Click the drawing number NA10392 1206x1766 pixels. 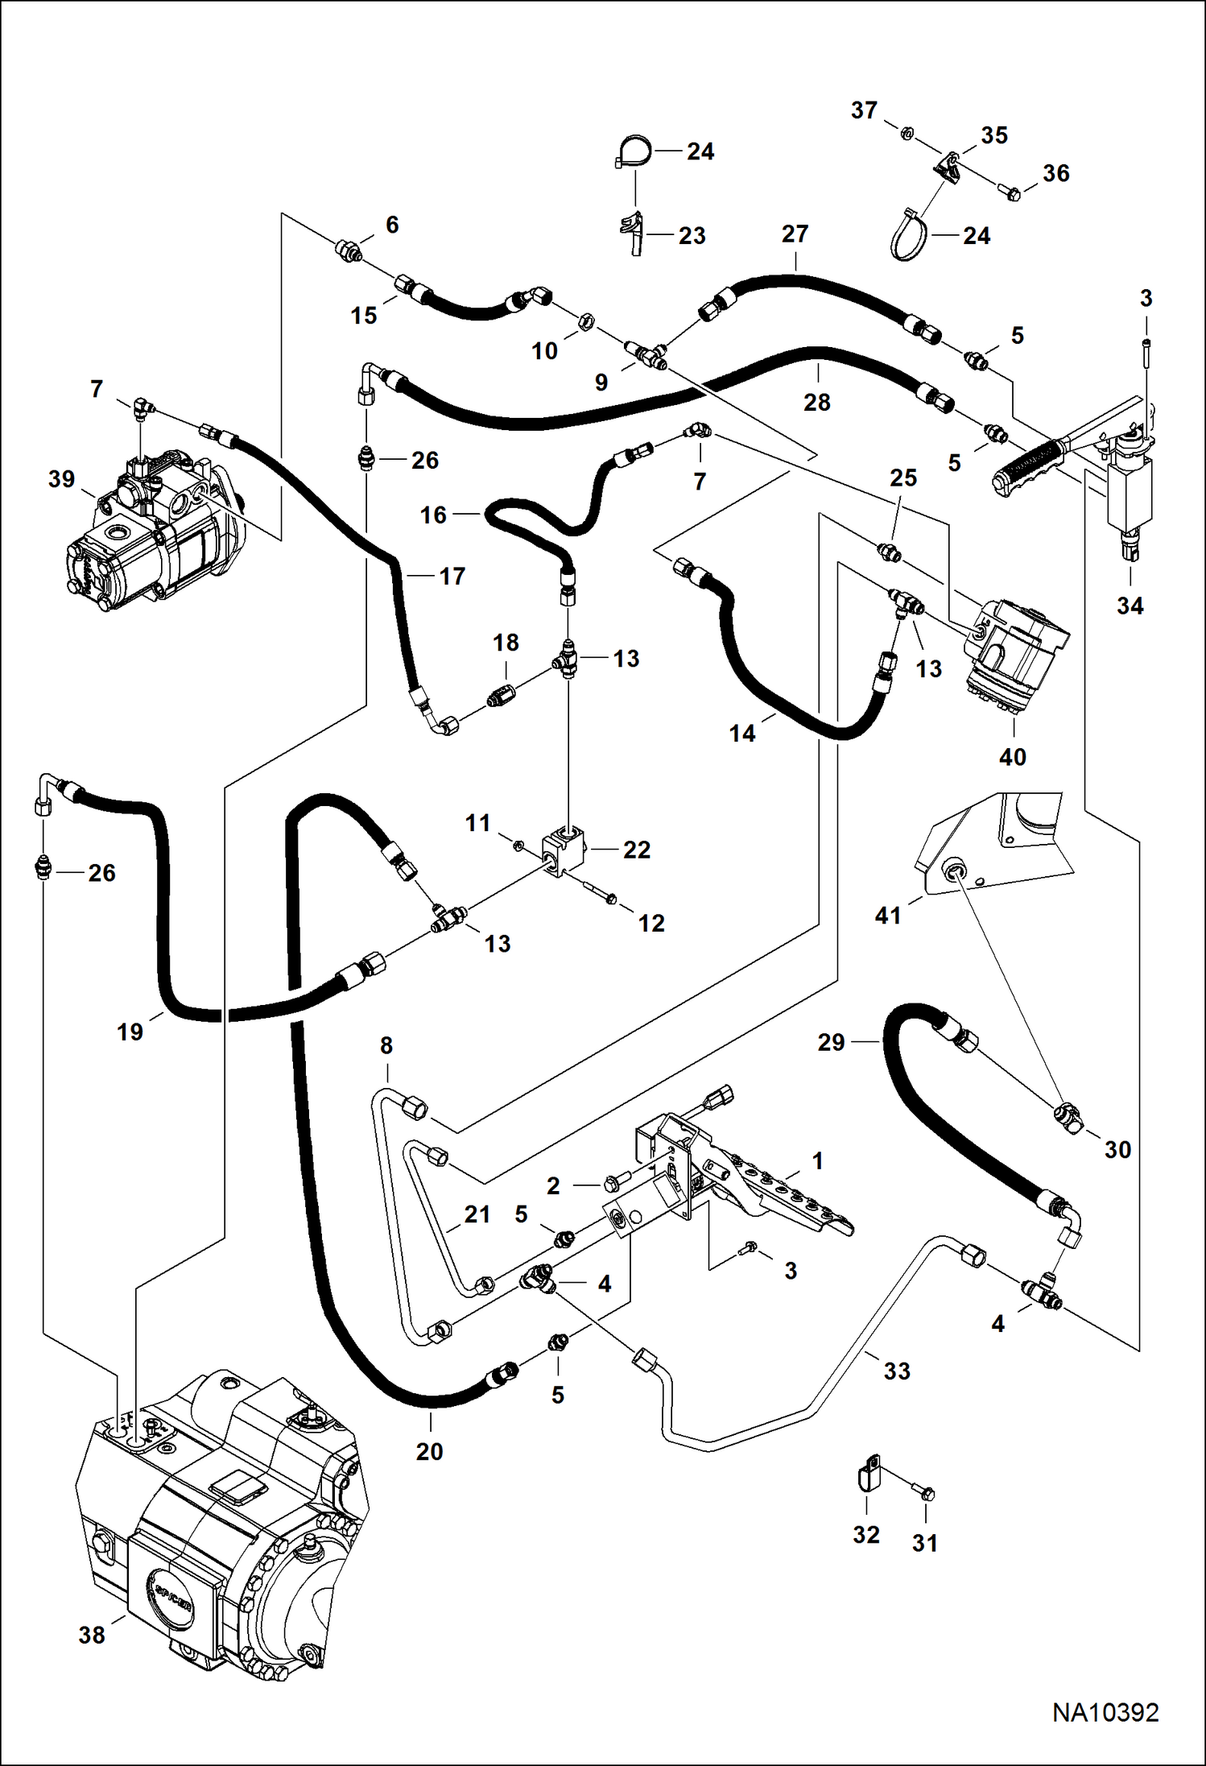point(1105,1711)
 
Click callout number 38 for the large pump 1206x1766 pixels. point(92,1634)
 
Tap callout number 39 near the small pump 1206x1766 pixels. point(61,479)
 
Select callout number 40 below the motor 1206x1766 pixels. point(1012,756)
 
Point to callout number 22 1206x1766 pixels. point(636,850)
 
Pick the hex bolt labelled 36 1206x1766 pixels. point(1010,192)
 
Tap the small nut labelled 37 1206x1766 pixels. point(905,132)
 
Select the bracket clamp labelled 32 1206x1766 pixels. point(866,1479)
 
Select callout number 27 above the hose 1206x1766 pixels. point(794,234)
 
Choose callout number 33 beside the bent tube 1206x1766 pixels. point(896,1371)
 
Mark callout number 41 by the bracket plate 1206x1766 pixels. point(887,915)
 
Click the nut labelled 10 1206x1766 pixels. point(586,321)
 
